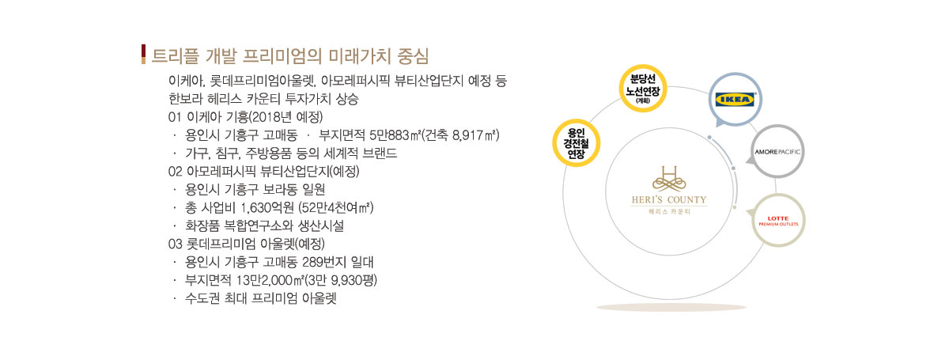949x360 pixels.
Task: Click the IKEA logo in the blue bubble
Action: pos(735,100)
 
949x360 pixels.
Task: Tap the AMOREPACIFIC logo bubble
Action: pos(777,151)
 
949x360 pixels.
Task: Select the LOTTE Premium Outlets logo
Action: pos(778,221)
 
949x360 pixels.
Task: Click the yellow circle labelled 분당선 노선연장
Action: pos(643,89)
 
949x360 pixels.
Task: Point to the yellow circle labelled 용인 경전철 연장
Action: pos(576,143)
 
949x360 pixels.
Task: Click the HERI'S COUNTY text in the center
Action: pos(669,199)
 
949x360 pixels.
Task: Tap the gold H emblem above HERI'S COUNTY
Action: pos(669,178)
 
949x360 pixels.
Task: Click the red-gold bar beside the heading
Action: pos(144,55)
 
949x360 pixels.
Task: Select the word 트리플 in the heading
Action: pos(176,56)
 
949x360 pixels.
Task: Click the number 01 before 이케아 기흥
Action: pos(175,117)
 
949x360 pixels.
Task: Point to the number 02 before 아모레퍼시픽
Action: pos(175,172)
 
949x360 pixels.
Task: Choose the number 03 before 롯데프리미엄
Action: pos(175,244)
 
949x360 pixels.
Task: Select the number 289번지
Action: pos(324,262)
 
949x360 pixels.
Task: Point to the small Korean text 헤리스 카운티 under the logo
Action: pos(669,211)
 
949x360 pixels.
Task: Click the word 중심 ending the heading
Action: pos(413,56)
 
